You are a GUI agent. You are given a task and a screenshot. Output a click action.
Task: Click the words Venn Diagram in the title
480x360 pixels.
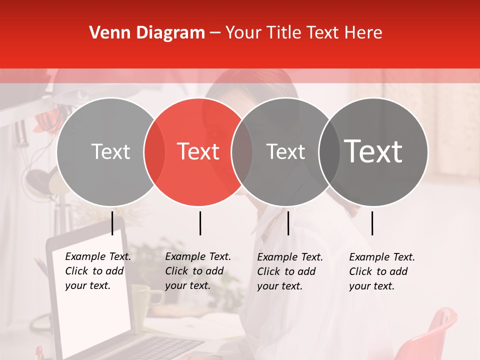pyautogui.click(x=147, y=33)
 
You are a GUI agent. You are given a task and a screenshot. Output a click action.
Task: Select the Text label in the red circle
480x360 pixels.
pyautogui.click(x=198, y=151)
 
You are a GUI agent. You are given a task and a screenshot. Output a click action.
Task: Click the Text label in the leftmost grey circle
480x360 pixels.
pyautogui.click(x=110, y=151)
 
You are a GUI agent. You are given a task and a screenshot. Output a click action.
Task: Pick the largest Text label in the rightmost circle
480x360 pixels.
pyautogui.click(x=373, y=151)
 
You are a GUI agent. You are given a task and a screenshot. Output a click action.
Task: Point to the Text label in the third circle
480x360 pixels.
pyautogui.click(x=285, y=151)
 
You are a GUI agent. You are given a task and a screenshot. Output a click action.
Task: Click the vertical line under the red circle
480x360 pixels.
pyautogui.click(x=200, y=223)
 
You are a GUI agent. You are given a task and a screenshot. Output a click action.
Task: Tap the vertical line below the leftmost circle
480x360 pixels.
pyautogui.click(x=112, y=223)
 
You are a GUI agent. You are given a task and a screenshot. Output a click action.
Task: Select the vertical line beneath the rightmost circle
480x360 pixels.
pyautogui.click(x=372, y=223)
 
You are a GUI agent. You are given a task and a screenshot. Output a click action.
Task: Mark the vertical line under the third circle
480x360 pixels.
pyautogui.click(x=288, y=223)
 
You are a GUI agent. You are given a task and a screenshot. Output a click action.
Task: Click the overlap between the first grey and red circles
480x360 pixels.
pyautogui.click(x=154, y=151)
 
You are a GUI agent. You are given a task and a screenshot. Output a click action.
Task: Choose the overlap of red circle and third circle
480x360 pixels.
pyautogui.click(x=242, y=151)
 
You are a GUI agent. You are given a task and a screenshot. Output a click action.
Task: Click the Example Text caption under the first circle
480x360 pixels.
pyautogui.click(x=98, y=271)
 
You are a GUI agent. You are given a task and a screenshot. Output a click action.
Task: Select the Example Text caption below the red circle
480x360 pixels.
pyautogui.click(x=198, y=271)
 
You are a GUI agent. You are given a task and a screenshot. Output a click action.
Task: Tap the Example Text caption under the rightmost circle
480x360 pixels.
pyautogui.click(x=382, y=271)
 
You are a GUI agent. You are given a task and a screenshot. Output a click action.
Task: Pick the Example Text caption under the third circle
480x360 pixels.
pyautogui.click(x=290, y=271)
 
